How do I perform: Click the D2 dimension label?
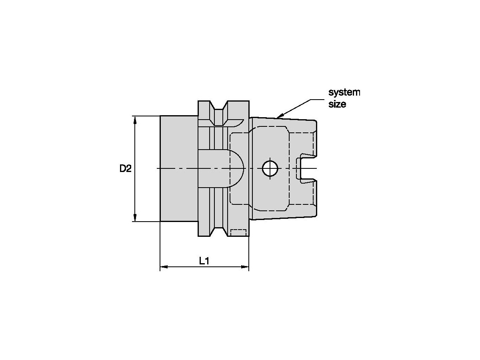[125, 168]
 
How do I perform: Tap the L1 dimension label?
[204, 261]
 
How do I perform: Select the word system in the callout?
[344, 92]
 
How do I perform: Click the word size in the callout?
[337, 104]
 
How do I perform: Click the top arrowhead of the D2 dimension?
[135, 120]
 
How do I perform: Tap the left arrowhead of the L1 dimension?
[164, 267]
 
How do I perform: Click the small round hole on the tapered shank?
[270, 168]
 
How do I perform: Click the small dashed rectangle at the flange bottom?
[238, 232]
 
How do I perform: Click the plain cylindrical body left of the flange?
[179, 168]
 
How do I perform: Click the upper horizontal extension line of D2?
[146, 116]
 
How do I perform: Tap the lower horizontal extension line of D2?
[146, 221]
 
